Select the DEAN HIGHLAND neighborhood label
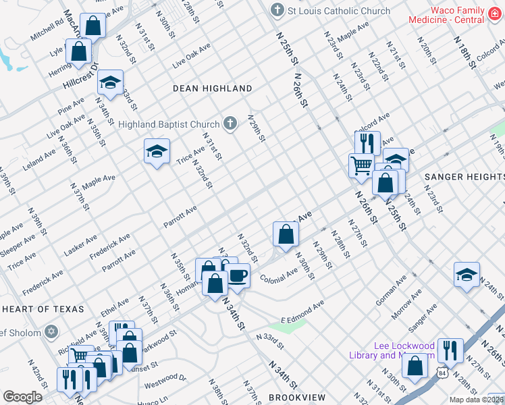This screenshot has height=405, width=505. click(x=212, y=88)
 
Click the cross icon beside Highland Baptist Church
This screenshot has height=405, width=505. click(x=230, y=124)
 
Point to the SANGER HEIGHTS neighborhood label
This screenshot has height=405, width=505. click(x=464, y=177)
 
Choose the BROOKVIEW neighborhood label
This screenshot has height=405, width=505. click(x=297, y=398)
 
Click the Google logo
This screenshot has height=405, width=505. click(x=22, y=397)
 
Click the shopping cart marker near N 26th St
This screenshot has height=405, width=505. click(x=361, y=164)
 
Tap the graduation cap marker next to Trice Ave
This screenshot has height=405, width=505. click(x=157, y=151)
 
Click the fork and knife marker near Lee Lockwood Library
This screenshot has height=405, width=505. click(x=450, y=350)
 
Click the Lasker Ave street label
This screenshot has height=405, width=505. click(x=81, y=246)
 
